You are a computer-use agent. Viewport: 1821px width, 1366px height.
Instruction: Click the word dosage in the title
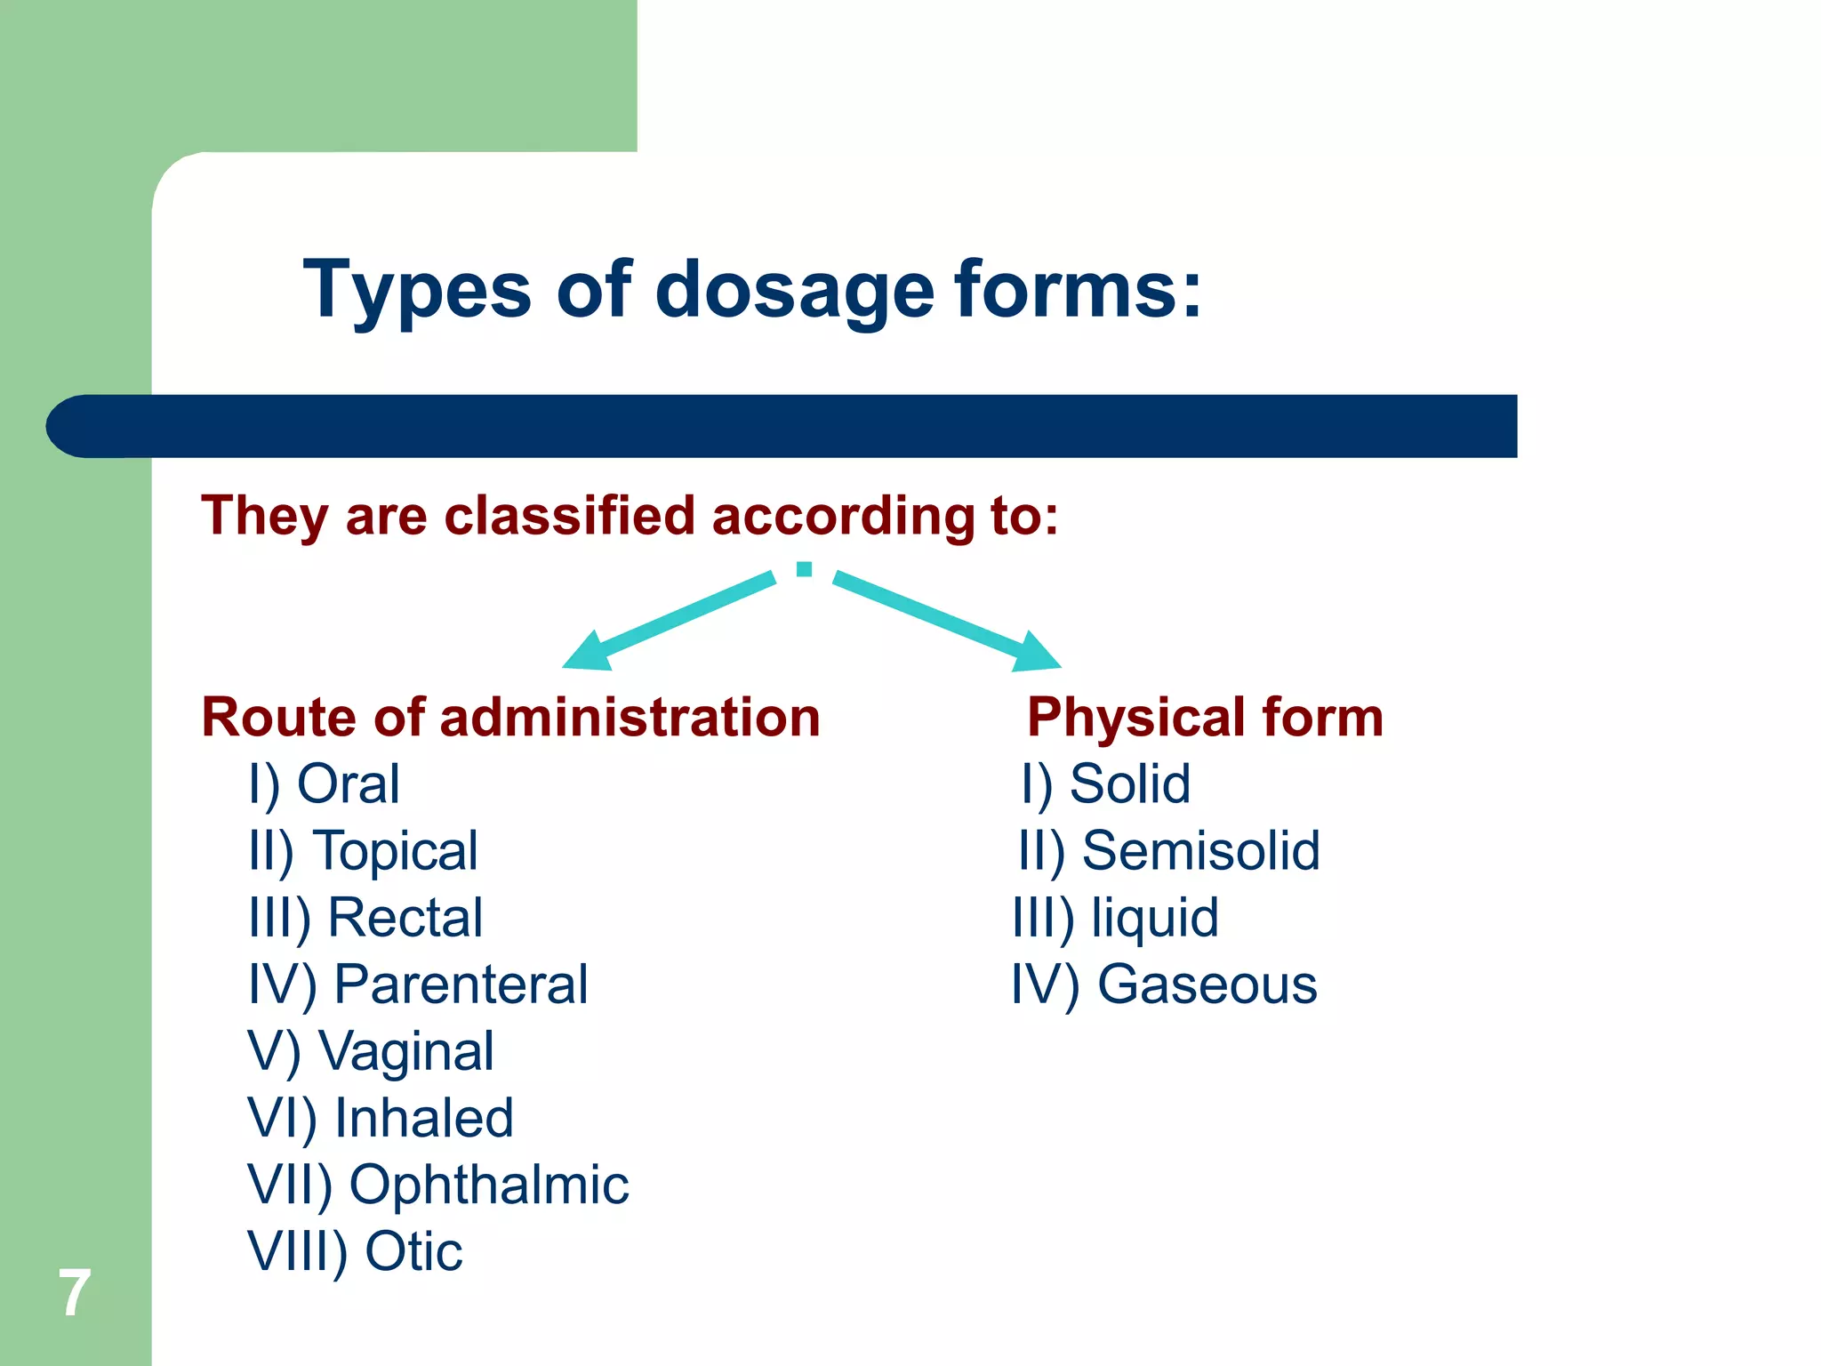[x=794, y=291]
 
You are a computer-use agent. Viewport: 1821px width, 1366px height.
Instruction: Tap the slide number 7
[x=75, y=1293]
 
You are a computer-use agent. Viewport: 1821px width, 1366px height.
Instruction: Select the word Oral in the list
[x=348, y=784]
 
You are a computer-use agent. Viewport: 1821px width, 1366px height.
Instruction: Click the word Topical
[x=396, y=851]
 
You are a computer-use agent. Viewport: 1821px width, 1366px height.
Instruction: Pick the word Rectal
[x=405, y=918]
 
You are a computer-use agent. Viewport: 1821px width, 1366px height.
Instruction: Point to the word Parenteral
[x=461, y=984]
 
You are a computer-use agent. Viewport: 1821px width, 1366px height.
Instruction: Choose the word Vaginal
[x=406, y=1052]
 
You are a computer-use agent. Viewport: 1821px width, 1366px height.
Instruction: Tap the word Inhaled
[x=424, y=1118]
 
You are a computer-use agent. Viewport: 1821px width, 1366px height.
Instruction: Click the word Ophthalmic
[x=489, y=1185]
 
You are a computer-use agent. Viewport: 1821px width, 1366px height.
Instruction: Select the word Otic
[x=414, y=1251]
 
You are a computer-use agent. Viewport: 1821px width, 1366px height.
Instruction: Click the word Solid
[x=1129, y=784]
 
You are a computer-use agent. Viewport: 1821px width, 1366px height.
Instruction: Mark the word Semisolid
[x=1200, y=851]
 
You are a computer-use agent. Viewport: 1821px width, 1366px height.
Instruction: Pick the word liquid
[x=1155, y=918]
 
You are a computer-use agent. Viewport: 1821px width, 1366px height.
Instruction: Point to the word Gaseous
[x=1207, y=984]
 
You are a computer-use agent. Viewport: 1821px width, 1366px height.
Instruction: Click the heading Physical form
[x=1205, y=717]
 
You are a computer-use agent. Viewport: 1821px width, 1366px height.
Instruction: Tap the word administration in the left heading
[x=630, y=717]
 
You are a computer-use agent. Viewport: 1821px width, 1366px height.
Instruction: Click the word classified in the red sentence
[x=569, y=516]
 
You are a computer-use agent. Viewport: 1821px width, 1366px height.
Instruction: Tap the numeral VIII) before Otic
[x=297, y=1252]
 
